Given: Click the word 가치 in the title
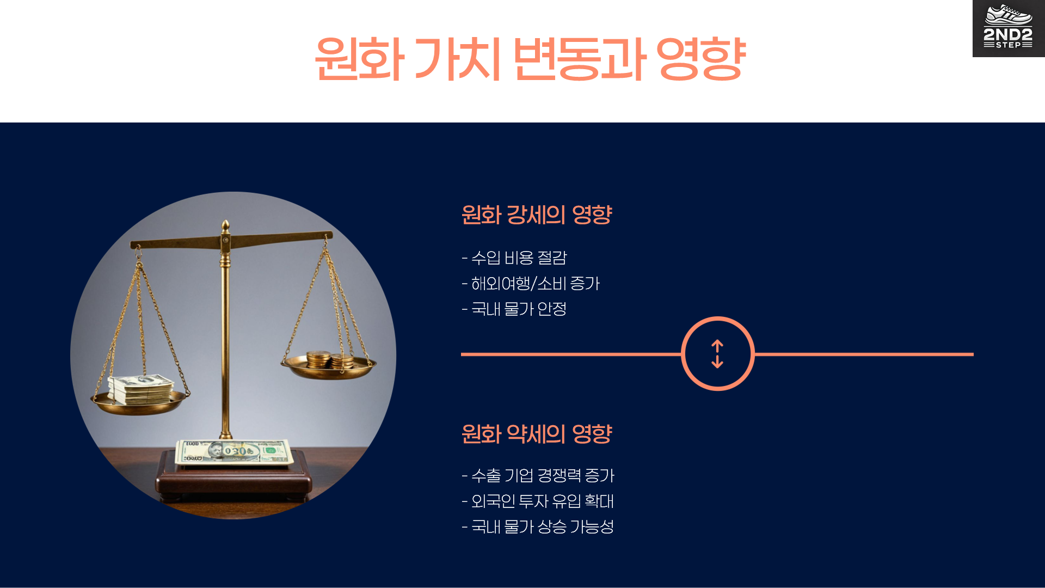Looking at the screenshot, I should point(457,59).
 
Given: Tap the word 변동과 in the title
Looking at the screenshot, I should point(579,59).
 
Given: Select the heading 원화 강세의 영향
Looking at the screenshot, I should point(537,215).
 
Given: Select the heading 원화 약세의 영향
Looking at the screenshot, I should point(537,434).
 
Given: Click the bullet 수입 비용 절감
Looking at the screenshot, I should point(514,258).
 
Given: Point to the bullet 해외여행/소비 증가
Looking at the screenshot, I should point(531,283).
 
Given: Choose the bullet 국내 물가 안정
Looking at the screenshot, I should point(514,309).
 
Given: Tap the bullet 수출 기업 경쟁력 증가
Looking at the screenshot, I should point(538,475).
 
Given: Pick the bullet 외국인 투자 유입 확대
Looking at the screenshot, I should point(538,501).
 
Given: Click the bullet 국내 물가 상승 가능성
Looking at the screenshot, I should point(538,526).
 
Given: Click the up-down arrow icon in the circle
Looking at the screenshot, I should point(717,354).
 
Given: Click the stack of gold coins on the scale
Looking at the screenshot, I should point(330,360).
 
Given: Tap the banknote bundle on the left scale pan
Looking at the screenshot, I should point(140,389).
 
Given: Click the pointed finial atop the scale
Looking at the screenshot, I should point(225,225).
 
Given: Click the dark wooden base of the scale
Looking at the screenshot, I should point(234,482).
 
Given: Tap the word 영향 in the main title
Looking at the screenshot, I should point(700,59).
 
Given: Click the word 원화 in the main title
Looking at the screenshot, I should point(359,59).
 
